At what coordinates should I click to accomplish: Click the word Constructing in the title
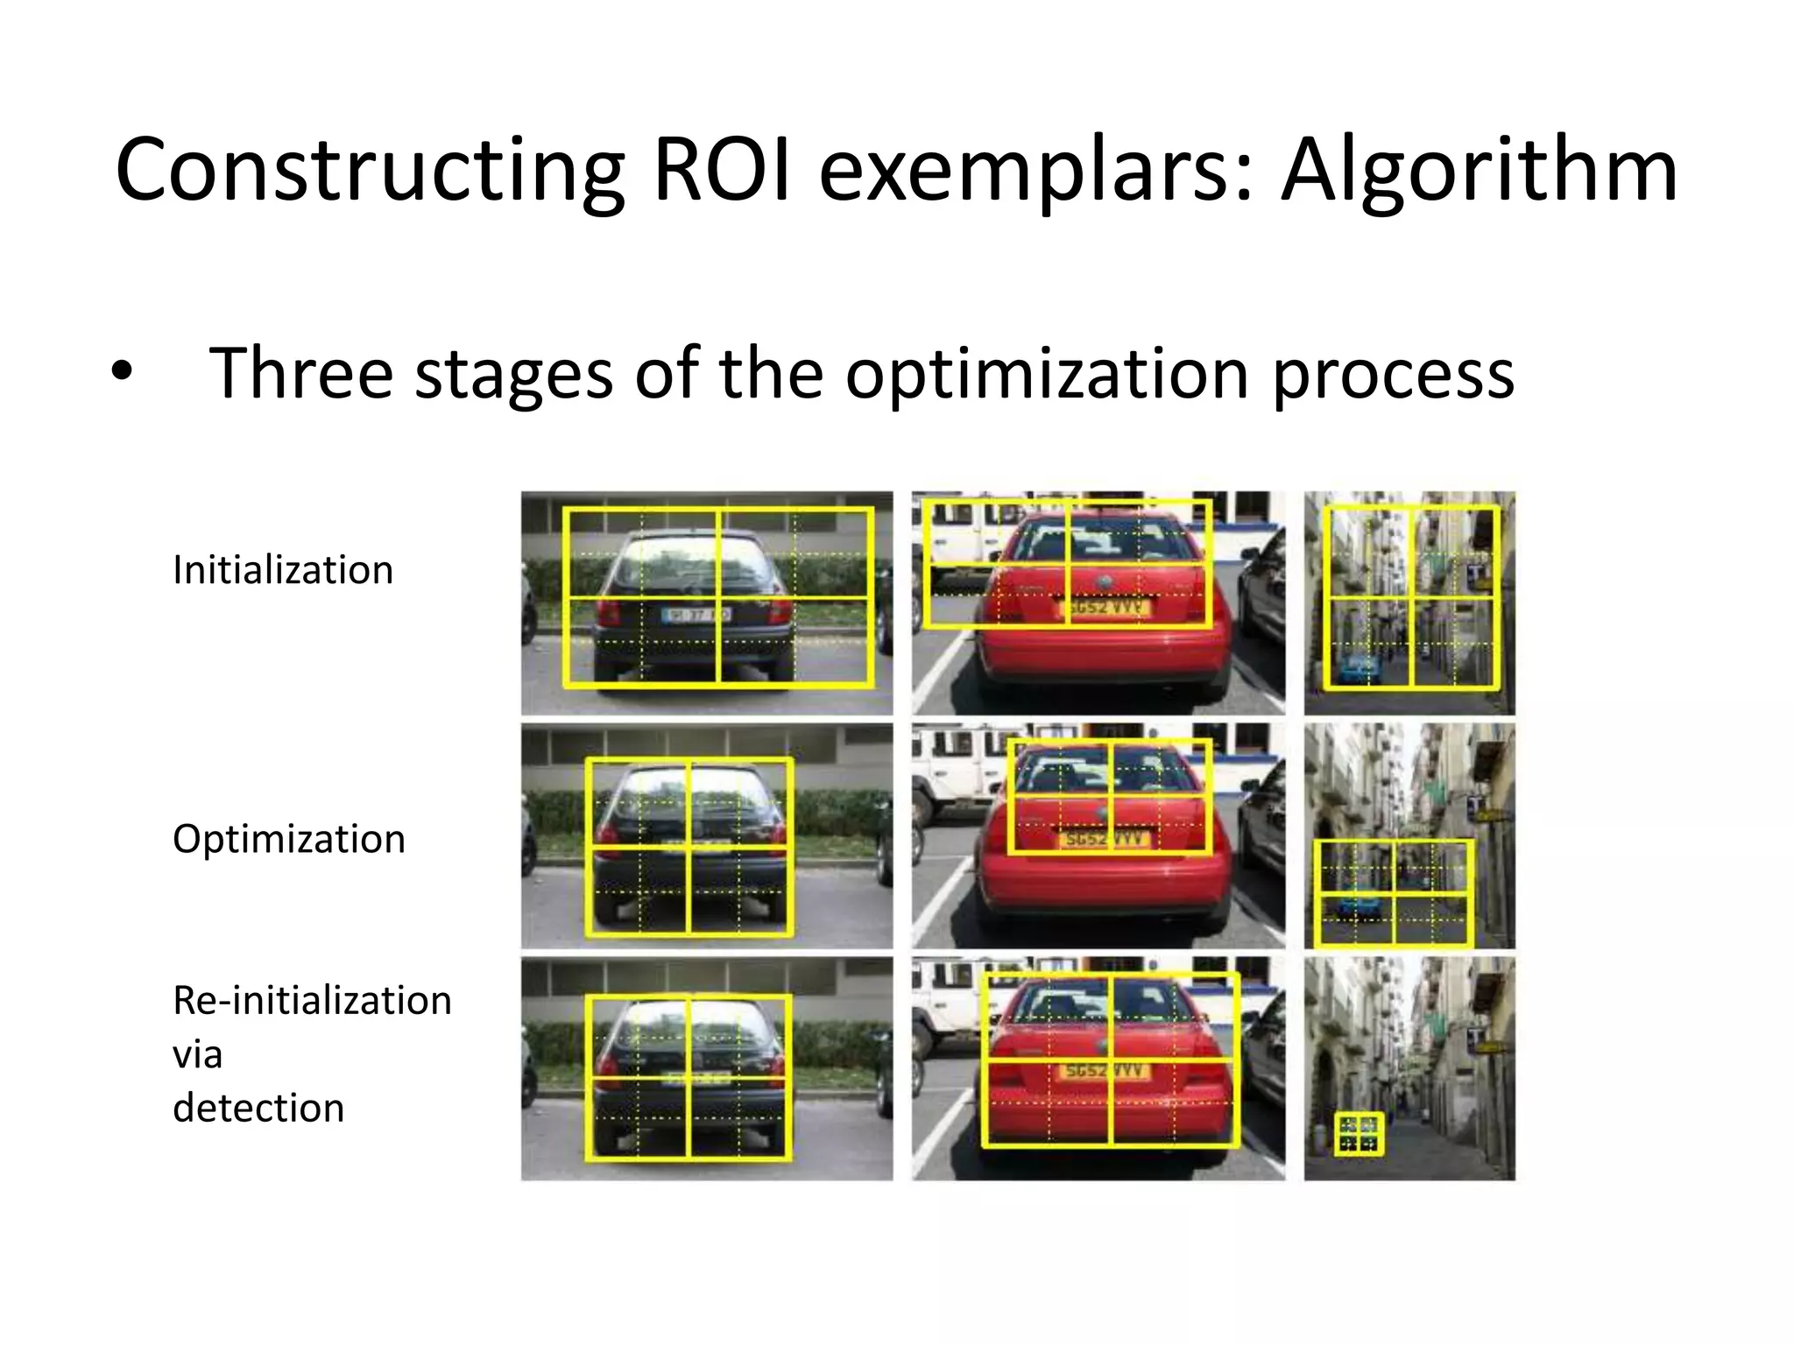pos(369,171)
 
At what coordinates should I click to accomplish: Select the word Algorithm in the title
pos(1479,171)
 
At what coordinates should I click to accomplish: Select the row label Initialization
pos(283,570)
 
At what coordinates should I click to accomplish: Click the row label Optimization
pos(288,839)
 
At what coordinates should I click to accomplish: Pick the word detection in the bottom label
pos(258,1108)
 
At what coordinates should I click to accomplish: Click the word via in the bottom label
pos(197,1054)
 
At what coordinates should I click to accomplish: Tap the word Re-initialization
pos(312,1000)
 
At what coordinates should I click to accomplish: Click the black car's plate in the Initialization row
pos(694,615)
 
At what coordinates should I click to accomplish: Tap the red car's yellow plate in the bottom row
pos(1105,1070)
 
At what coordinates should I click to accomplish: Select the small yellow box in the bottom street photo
pos(1359,1134)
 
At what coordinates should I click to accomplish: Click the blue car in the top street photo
pos(1357,669)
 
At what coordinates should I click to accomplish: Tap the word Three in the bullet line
pos(300,373)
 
